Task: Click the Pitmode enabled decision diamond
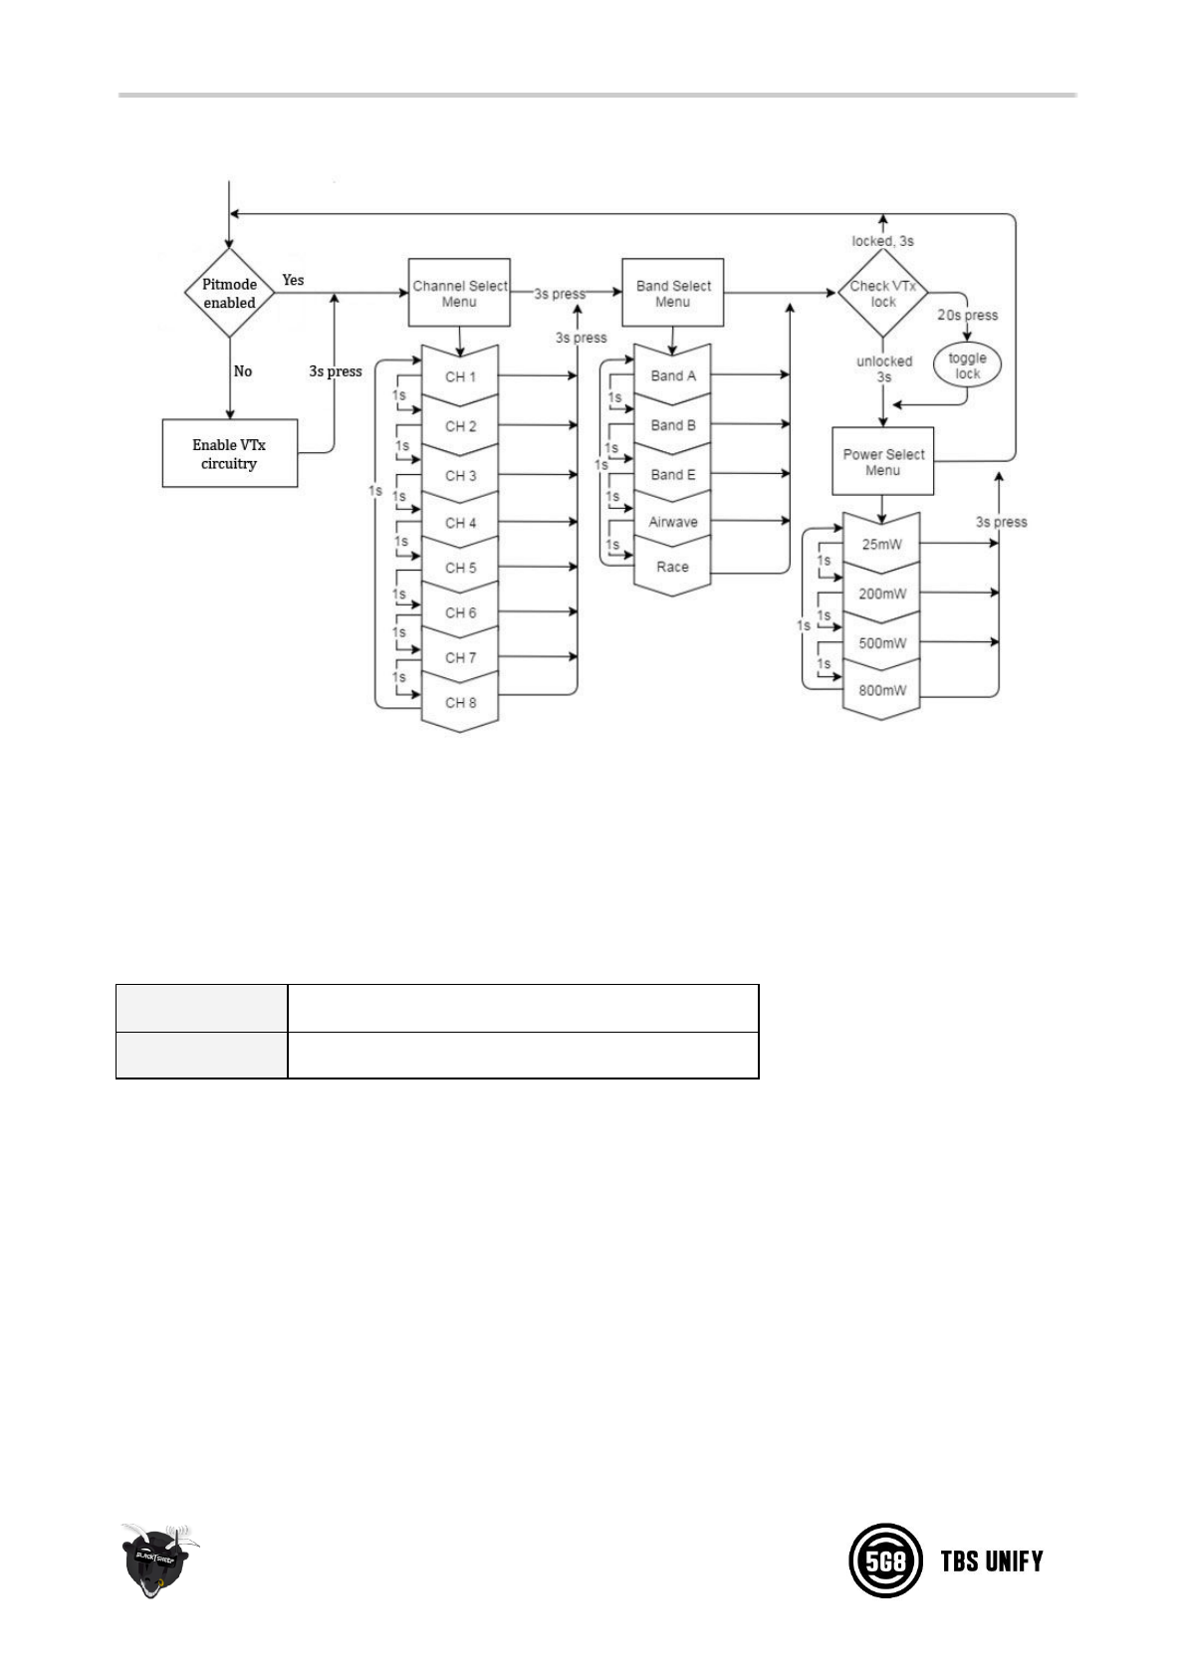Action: (x=230, y=294)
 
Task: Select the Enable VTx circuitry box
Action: (x=230, y=454)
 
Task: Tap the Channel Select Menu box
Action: (x=459, y=293)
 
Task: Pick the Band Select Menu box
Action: (x=672, y=293)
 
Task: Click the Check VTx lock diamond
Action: (x=882, y=294)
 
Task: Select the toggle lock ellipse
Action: (x=967, y=365)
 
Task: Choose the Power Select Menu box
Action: (x=882, y=462)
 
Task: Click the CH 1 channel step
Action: (x=460, y=377)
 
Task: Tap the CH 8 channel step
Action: (x=460, y=703)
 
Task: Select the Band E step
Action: (x=673, y=475)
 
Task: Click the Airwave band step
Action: (x=673, y=522)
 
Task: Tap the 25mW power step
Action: (x=882, y=545)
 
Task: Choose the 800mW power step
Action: (x=882, y=690)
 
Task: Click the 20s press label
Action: (x=967, y=316)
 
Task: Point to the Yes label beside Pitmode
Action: (x=293, y=280)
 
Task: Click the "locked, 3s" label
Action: (x=882, y=241)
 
